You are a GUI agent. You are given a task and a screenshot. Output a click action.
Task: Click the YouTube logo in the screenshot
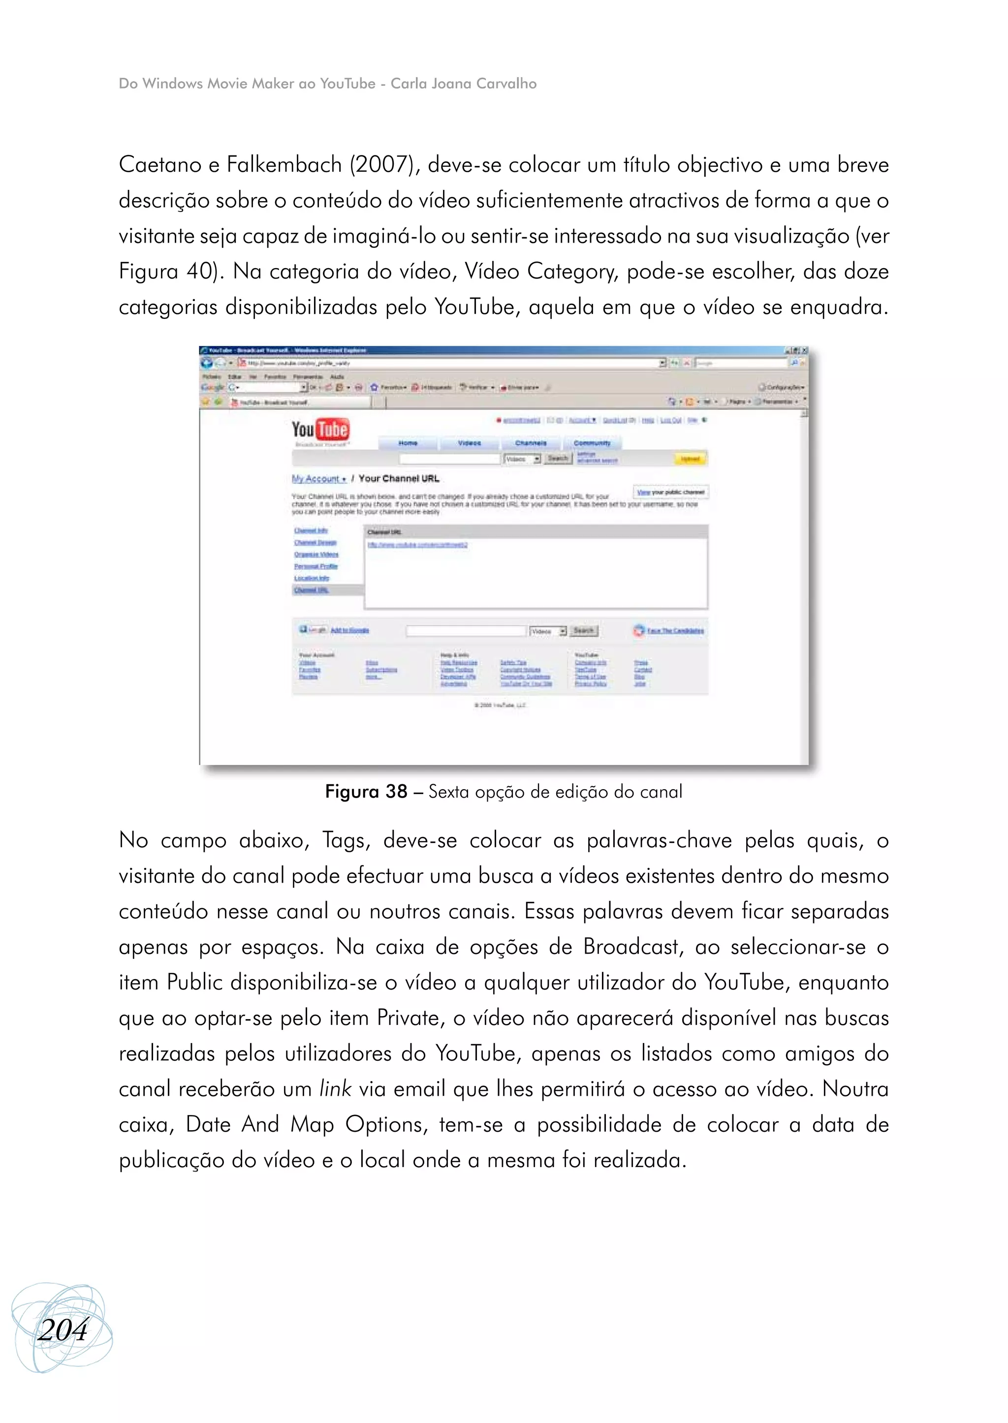click(x=320, y=430)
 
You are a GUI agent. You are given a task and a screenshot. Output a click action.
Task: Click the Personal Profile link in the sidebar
click(x=316, y=566)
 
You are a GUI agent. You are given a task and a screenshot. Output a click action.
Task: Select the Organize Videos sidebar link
click(x=316, y=554)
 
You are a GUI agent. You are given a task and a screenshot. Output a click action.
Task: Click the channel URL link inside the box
click(x=417, y=545)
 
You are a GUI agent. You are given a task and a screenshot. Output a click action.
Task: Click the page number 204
click(x=63, y=1330)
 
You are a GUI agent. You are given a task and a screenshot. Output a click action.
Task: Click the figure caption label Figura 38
click(x=366, y=791)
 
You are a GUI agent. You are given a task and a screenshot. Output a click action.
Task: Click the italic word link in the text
click(x=335, y=1088)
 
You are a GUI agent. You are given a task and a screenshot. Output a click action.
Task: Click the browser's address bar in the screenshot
click(x=447, y=363)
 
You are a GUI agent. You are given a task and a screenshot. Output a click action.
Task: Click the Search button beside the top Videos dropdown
click(x=557, y=459)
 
